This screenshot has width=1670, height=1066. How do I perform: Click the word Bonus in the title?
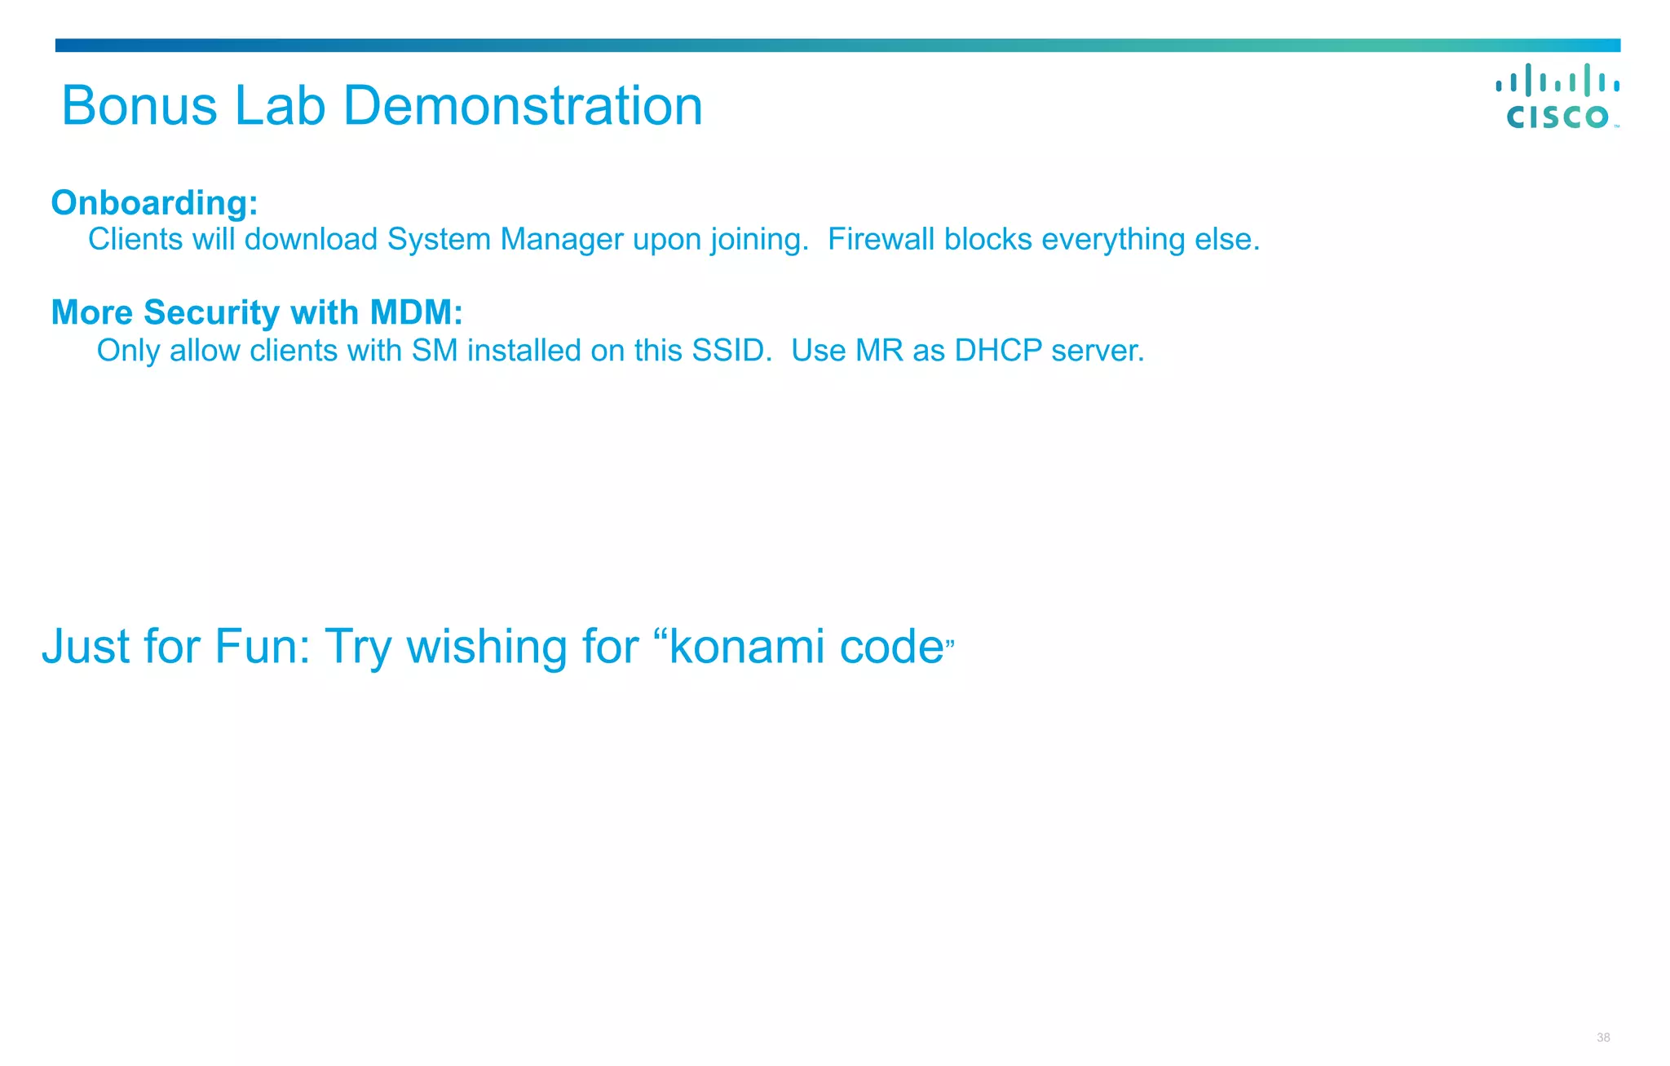click(x=139, y=106)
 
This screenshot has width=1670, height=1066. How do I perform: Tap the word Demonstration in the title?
click(x=523, y=106)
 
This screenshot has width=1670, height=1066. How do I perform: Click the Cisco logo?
click(x=1557, y=96)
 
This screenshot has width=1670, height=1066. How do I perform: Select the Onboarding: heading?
click(x=154, y=202)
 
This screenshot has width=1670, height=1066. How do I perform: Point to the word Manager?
click(x=562, y=239)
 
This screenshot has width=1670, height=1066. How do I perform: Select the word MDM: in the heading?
click(x=416, y=312)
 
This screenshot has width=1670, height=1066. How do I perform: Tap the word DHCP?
click(x=998, y=351)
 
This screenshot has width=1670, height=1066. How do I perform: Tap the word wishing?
click(x=487, y=646)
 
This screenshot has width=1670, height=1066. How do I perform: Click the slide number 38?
click(x=1603, y=1037)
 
